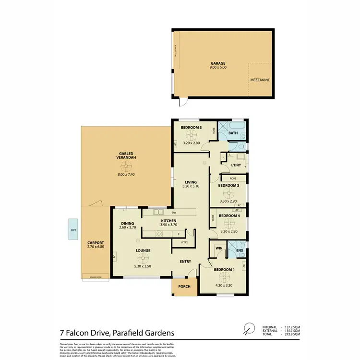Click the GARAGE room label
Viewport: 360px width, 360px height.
pos(218,63)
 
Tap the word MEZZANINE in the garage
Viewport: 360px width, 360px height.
pos(260,81)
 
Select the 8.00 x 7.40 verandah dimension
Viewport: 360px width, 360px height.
pos(126,174)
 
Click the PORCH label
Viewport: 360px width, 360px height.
pos(184,287)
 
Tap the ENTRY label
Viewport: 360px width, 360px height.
pos(185,262)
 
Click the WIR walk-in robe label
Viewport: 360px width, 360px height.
pos(219,248)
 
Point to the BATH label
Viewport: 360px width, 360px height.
pos(233,133)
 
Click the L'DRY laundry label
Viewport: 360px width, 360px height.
pos(236,165)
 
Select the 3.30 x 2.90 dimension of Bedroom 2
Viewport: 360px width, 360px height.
pos(228,202)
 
